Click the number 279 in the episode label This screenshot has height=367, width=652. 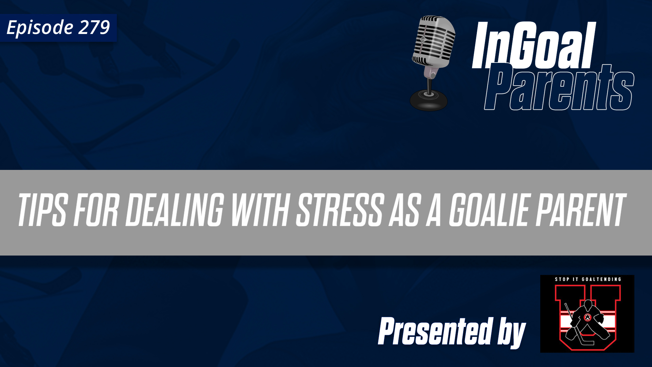(94, 27)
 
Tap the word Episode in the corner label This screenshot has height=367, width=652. (40, 28)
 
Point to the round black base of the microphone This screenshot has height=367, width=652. (429, 100)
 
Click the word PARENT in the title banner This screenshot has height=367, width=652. (580, 210)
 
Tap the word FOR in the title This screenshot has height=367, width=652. (96, 210)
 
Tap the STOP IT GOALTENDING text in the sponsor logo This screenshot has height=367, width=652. (588, 279)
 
